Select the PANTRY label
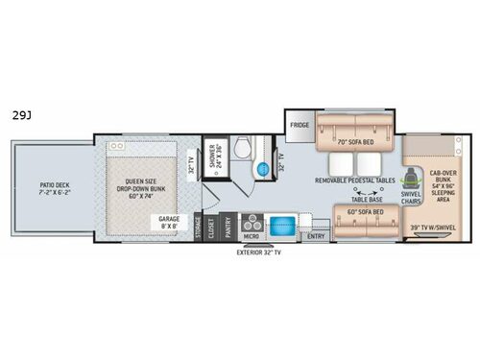[x=228, y=226]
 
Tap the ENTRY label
[x=314, y=234]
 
